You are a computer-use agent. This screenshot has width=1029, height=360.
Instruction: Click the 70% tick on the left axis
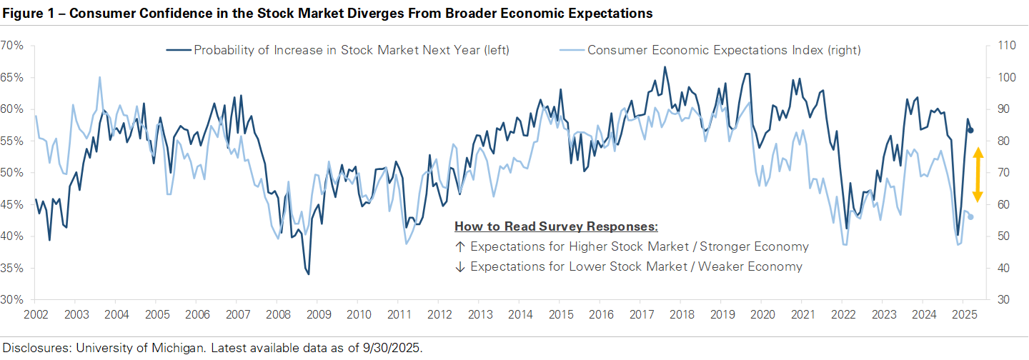[13, 46]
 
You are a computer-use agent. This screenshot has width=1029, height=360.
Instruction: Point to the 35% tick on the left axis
[13, 269]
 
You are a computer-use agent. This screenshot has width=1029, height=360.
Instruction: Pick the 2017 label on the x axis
[640, 314]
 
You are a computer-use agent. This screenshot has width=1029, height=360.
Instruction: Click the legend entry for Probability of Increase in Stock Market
[351, 50]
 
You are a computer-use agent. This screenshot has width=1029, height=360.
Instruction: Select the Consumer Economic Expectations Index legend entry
[724, 50]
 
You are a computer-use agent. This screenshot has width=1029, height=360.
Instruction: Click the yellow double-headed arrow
[978, 176]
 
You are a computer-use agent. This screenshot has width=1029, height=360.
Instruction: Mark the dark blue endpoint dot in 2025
[970, 130]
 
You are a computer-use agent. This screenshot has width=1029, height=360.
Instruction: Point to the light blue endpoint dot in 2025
[970, 216]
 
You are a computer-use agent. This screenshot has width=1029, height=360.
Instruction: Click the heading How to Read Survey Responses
[556, 226]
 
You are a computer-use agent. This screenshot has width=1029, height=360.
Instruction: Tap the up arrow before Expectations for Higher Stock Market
[459, 246]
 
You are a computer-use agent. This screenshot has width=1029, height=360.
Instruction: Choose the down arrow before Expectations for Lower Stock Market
[459, 266]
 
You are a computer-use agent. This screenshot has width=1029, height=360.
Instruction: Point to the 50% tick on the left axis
[13, 173]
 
